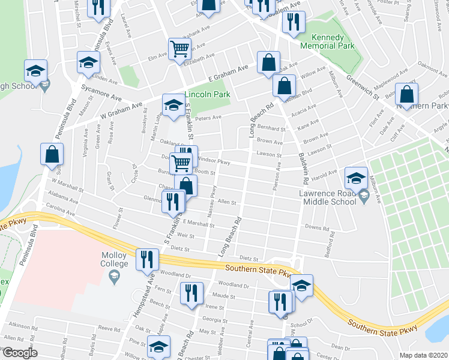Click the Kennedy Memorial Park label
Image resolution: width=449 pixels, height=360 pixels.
tap(328, 41)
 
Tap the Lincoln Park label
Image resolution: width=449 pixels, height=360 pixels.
tap(208, 95)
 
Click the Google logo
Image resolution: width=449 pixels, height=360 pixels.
tap(20, 353)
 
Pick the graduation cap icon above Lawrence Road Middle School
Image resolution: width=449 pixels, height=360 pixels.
tap(356, 177)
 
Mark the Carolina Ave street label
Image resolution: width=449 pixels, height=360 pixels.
tap(62, 212)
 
